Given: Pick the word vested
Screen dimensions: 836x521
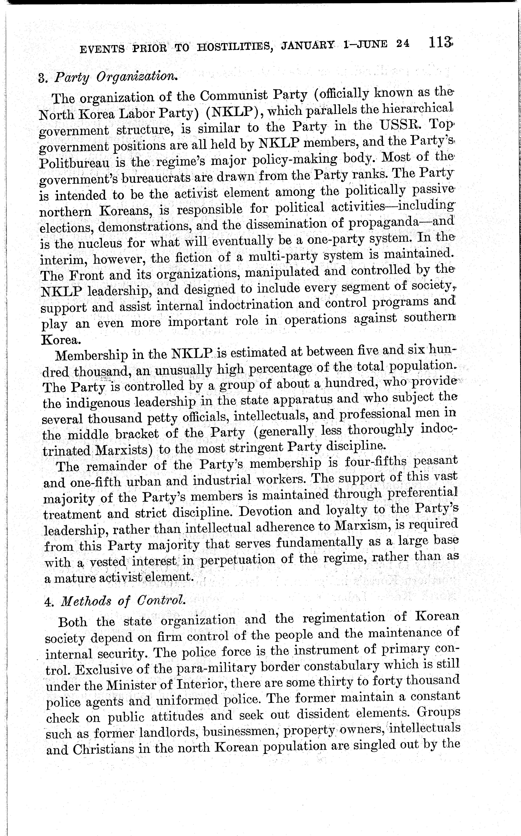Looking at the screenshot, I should click(x=108, y=561).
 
